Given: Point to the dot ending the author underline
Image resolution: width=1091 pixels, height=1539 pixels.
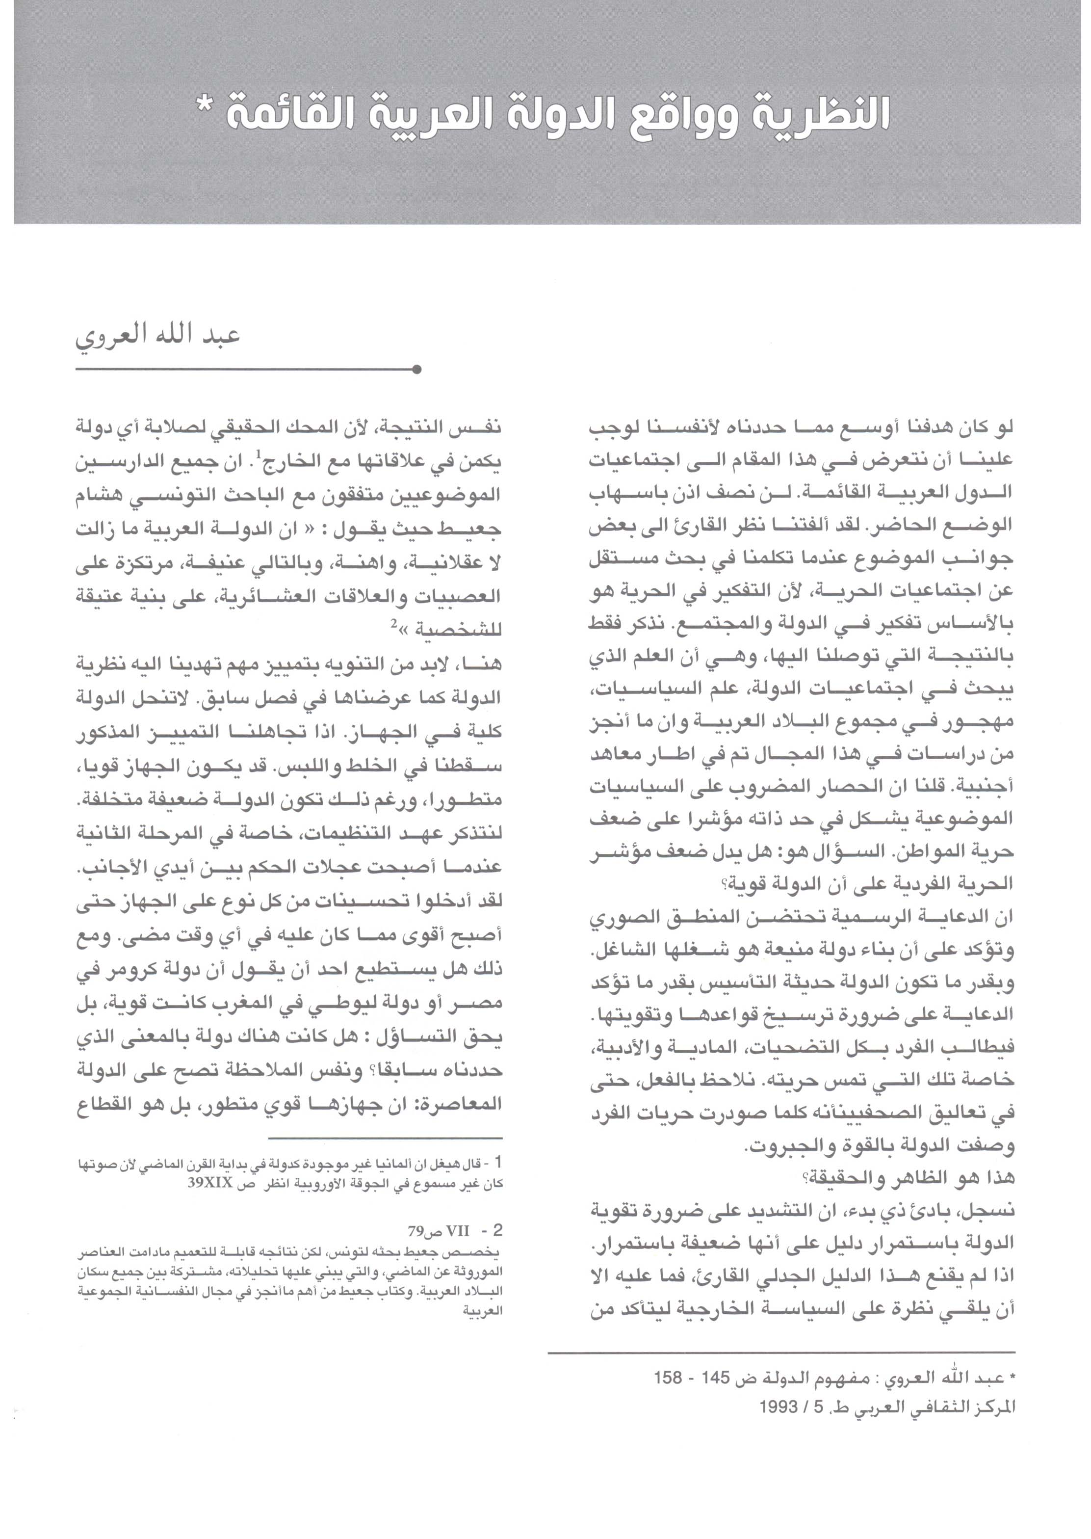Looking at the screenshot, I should pos(416,369).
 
